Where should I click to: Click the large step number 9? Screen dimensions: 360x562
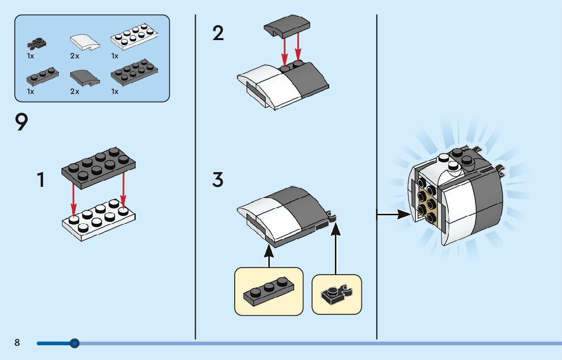click(22, 123)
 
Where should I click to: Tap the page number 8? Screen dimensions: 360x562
click(17, 343)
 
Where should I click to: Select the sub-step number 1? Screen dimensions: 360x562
click(41, 180)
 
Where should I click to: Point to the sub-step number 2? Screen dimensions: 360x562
click(218, 34)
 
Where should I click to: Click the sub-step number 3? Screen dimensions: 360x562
click(217, 180)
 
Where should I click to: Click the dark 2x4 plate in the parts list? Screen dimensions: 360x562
click(133, 73)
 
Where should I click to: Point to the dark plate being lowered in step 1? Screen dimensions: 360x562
click(99, 168)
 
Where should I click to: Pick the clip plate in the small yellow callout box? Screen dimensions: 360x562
click(336, 294)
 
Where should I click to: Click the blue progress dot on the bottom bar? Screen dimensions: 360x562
click(75, 343)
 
